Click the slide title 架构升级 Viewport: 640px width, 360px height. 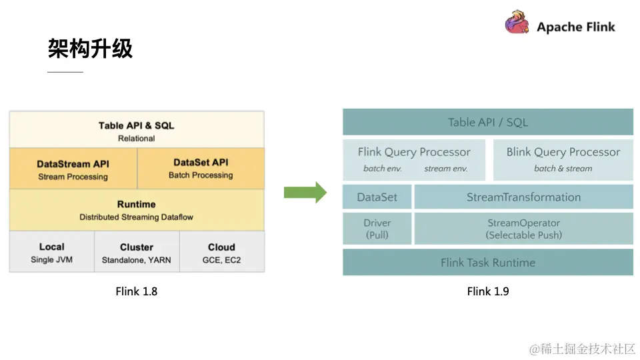point(90,49)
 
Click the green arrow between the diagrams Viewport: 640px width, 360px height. point(305,193)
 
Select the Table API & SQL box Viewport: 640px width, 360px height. point(137,131)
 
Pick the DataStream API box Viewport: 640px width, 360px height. point(73,169)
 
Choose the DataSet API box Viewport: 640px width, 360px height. point(201,168)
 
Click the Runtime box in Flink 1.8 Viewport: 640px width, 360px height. point(137,210)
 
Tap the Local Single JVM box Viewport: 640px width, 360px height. point(52,252)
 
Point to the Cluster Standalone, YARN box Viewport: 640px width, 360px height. point(137,252)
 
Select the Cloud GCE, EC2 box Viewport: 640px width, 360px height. point(221,252)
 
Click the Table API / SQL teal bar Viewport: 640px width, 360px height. point(487,122)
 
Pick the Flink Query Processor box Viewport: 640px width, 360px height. point(414,159)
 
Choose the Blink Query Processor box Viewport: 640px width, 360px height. point(563,159)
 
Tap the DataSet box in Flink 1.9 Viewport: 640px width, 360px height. point(377,197)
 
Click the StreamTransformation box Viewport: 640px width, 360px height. point(523,197)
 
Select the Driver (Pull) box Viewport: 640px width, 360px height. point(377,229)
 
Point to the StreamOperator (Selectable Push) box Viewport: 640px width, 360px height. point(523,229)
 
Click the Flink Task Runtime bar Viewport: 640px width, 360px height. point(487,263)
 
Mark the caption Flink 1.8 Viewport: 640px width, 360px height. point(137,291)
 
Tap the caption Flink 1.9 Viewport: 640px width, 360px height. point(487,291)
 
